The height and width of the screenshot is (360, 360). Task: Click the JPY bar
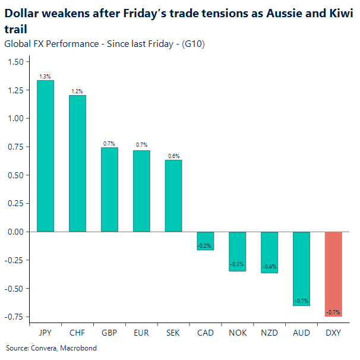[x=45, y=156]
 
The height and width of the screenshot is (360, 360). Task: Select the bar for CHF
[x=77, y=163]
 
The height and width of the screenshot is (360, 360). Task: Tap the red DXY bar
[x=333, y=274]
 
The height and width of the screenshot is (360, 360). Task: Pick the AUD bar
[x=301, y=269]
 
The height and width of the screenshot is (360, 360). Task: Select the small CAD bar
[x=206, y=241]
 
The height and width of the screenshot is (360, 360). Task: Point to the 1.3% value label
[x=45, y=77]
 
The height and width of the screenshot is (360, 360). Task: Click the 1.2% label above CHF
[x=77, y=91]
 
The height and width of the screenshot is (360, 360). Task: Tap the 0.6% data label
[x=173, y=156]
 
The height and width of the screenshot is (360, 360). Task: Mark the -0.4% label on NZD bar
[x=269, y=267]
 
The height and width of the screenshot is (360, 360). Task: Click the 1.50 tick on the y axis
[x=16, y=62]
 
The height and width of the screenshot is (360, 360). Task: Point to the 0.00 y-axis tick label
[x=16, y=232]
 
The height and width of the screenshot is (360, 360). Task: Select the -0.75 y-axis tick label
[x=15, y=317]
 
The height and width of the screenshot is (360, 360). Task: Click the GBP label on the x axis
[x=109, y=333]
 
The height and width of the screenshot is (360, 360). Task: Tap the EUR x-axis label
[x=141, y=333]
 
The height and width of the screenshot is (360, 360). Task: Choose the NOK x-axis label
[x=238, y=333]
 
